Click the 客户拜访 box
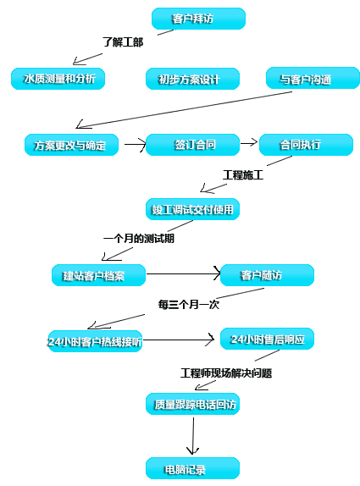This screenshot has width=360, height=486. [198, 19]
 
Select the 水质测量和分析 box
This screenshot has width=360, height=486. [58, 79]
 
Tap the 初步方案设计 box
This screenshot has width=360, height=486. [192, 79]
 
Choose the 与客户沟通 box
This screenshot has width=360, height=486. [313, 78]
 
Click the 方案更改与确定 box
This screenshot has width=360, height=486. [71, 145]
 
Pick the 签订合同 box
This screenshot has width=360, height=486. [192, 145]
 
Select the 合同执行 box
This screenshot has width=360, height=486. [306, 145]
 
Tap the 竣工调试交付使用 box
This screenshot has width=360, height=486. [192, 209]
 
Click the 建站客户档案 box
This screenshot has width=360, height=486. [98, 275]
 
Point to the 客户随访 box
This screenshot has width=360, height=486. [267, 275]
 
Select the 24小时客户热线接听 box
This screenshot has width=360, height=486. [95, 341]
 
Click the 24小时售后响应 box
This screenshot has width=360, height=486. [267, 339]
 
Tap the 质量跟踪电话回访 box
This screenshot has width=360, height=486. [192, 404]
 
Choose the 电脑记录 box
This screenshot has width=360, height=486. [192, 468]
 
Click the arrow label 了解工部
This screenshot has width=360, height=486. [123, 41]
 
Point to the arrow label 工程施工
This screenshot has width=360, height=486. [243, 174]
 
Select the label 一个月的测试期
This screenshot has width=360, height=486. [139, 239]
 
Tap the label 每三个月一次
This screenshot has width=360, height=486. [189, 304]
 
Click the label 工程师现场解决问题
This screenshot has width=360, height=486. [226, 373]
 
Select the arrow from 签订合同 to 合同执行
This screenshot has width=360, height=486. [249, 142]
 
